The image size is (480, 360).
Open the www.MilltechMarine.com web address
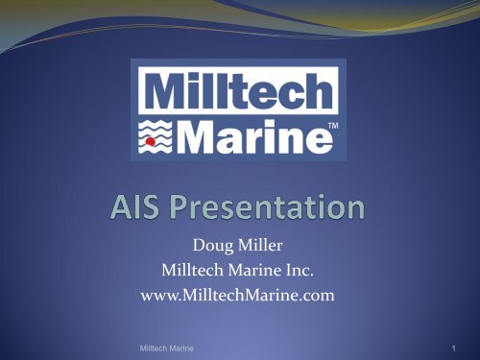pos(241,298)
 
